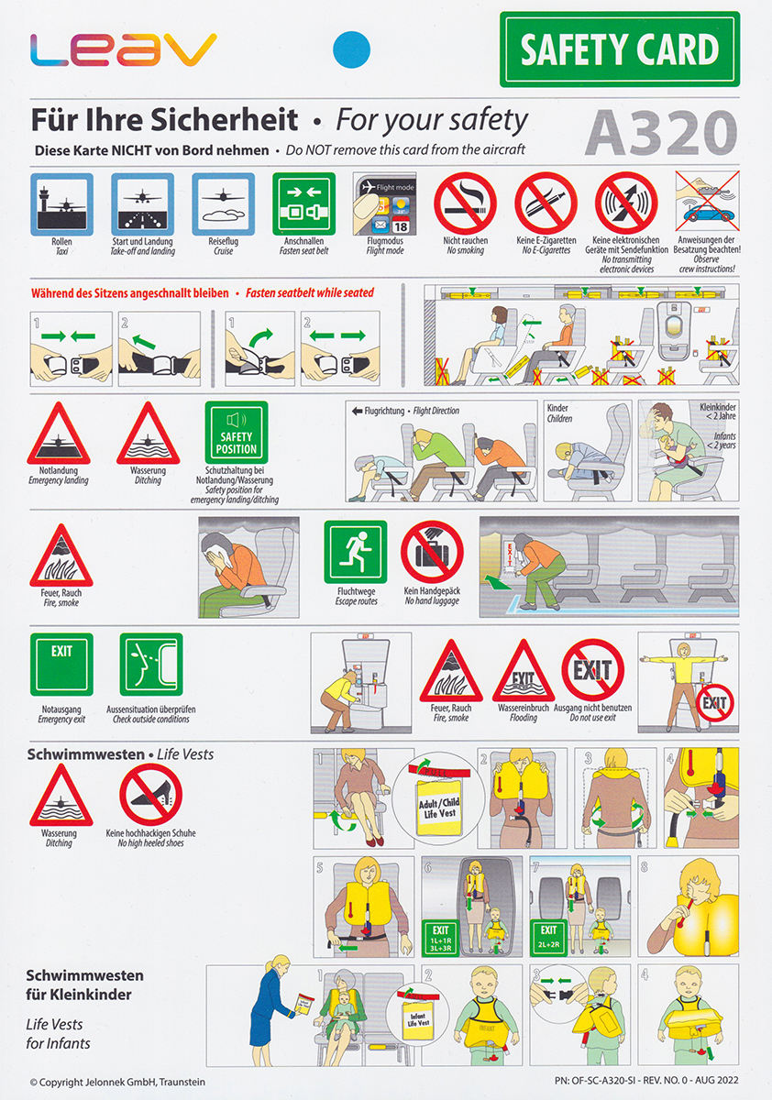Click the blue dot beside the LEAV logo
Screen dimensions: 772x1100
(352, 49)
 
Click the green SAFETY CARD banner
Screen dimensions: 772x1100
(620, 49)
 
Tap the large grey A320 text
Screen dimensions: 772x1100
(661, 133)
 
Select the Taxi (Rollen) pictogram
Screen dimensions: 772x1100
(61, 203)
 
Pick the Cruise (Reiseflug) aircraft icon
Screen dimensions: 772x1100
(224, 203)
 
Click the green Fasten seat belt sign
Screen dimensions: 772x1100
(304, 203)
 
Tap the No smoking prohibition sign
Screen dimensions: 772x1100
(465, 203)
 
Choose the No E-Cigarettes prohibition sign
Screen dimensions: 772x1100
(546, 203)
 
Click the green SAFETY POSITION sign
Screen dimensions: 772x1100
(237, 432)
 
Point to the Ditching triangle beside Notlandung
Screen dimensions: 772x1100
(148, 434)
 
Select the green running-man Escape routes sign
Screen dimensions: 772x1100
(356, 552)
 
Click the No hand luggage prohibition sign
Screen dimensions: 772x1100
(432, 552)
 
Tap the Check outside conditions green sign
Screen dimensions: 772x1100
(151, 665)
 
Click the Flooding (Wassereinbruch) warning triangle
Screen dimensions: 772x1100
(524, 671)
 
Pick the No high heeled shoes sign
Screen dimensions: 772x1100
(150, 794)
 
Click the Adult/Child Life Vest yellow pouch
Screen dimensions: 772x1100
(439, 808)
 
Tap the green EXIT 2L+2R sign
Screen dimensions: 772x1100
(548, 937)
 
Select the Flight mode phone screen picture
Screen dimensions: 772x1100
(384, 203)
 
